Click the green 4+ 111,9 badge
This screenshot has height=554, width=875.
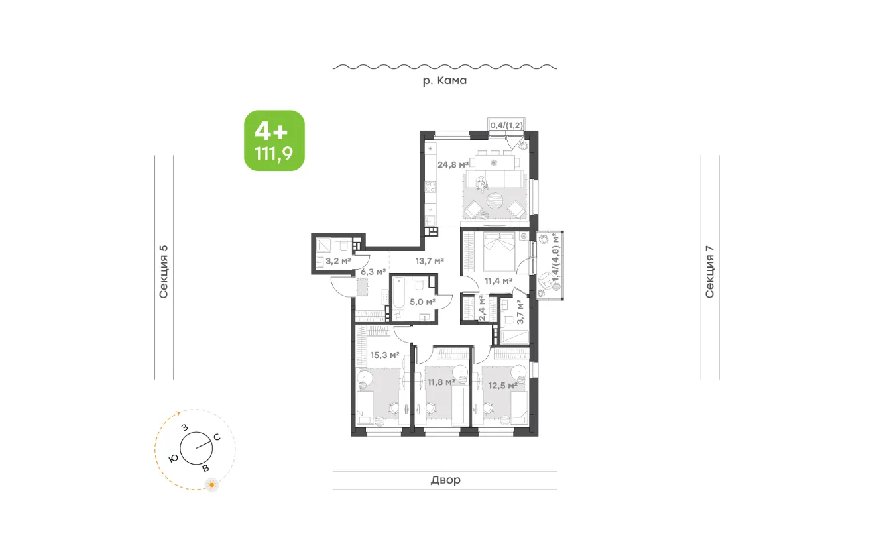click(274, 140)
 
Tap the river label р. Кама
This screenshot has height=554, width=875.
click(445, 80)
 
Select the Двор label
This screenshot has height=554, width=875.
click(445, 479)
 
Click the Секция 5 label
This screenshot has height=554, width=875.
click(163, 272)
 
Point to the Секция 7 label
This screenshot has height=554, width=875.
click(709, 272)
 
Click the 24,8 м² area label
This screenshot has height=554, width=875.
click(453, 164)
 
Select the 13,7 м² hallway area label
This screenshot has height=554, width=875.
click(430, 261)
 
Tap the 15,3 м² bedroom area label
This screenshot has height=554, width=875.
click(384, 355)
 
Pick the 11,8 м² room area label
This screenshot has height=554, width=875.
click(441, 382)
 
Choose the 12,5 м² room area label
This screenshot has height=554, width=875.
click(502, 386)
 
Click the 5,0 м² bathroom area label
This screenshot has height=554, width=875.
click(422, 302)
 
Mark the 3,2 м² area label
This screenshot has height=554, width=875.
click(338, 261)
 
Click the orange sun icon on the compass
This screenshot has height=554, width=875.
click(211, 485)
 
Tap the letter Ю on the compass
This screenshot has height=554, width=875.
click(174, 459)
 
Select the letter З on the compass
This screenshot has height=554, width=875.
click(185, 428)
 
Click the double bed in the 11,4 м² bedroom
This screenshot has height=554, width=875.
click(499, 252)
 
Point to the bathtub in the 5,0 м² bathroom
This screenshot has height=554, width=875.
click(399, 298)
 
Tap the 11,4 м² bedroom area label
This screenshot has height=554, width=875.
click(498, 281)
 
